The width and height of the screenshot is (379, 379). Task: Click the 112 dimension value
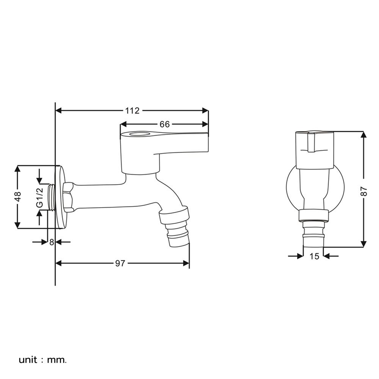(x=132, y=111)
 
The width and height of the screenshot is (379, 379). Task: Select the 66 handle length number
(x=164, y=124)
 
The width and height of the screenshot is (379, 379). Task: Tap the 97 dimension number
(x=120, y=263)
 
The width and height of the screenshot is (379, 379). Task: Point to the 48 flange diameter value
(x=18, y=196)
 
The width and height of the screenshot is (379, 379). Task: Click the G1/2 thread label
(x=40, y=198)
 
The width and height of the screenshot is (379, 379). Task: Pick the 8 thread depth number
(x=52, y=242)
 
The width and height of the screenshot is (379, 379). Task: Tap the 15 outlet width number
(x=314, y=256)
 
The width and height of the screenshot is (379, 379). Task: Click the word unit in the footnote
(x=28, y=360)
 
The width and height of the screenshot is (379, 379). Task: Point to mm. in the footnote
(x=57, y=360)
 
